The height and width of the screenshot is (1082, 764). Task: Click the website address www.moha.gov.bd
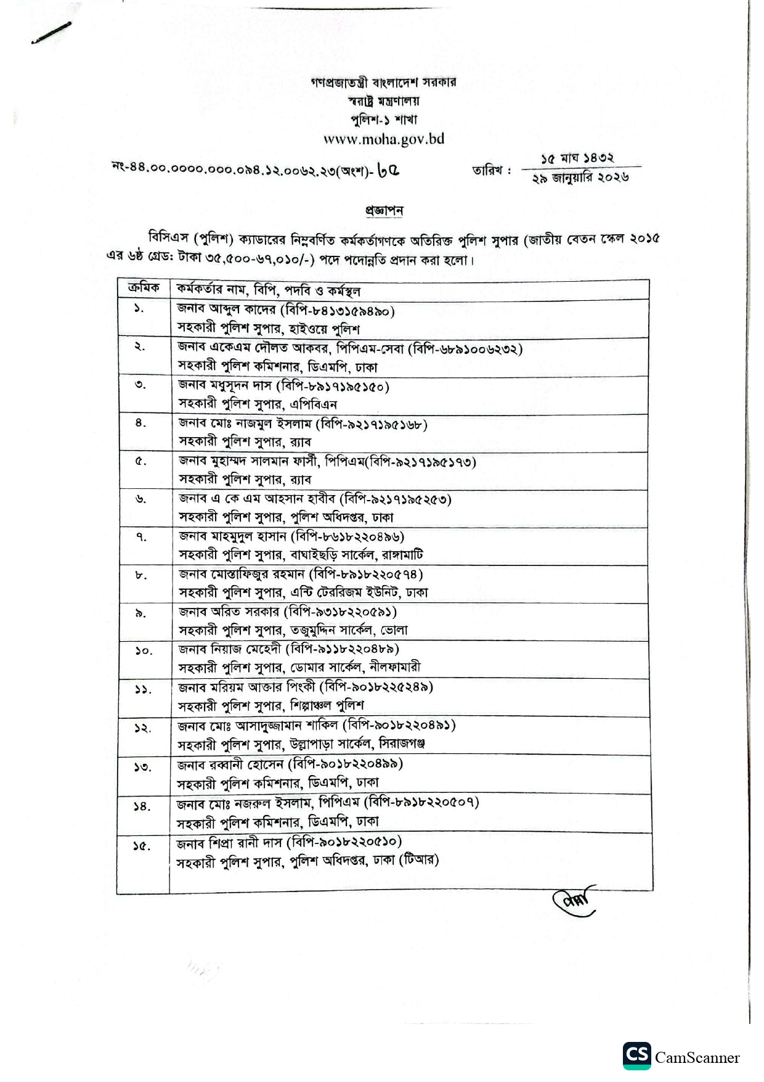click(x=384, y=139)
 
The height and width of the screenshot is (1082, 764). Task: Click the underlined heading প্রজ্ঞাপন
click(x=384, y=211)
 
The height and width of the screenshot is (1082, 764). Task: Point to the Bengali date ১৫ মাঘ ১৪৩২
click(x=577, y=158)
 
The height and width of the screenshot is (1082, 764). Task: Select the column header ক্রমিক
click(x=143, y=289)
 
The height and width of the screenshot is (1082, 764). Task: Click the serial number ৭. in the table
click(x=142, y=537)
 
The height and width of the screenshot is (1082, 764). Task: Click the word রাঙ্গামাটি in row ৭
click(x=401, y=555)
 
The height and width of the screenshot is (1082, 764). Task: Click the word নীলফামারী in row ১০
click(x=395, y=667)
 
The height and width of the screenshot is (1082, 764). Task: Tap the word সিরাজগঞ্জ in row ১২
click(x=402, y=744)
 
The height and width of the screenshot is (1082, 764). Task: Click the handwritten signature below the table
click(x=574, y=902)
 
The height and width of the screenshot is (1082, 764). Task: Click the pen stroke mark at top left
click(x=51, y=33)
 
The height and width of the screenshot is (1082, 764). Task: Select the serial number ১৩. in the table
click(x=142, y=766)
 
